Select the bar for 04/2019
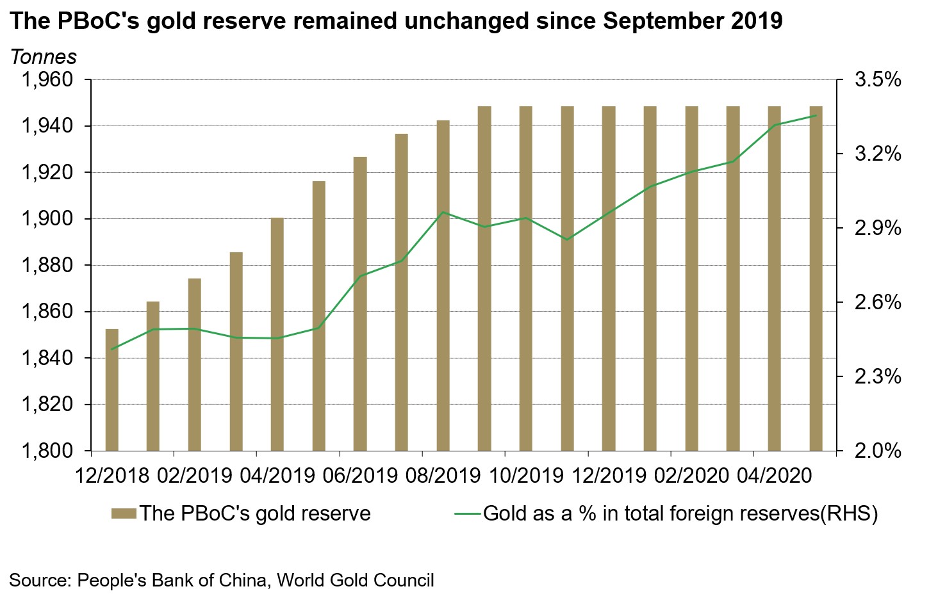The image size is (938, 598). click(x=277, y=334)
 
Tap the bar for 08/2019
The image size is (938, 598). click(x=443, y=286)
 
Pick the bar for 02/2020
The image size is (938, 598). click(x=691, y=279)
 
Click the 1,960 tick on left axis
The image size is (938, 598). click(x=47, y=81)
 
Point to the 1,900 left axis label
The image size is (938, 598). click(x=47, y=220)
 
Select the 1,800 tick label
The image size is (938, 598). click(x=47, y=451)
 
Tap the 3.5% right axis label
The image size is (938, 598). click(x=878, y=81)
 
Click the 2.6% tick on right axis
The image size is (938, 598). click(x=878, y=302)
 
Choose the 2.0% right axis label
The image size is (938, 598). click(x=878, y=451)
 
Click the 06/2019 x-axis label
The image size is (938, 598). click(x=361, y=476)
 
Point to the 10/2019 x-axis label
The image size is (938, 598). click(x=526, y=476)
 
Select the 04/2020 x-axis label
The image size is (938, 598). click(x=774, y=476)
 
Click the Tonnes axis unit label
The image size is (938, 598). click(x=44, y=58)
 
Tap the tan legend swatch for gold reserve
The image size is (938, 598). click(x=124, y=513)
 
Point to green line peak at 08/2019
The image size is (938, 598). click(x=443, y=212)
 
